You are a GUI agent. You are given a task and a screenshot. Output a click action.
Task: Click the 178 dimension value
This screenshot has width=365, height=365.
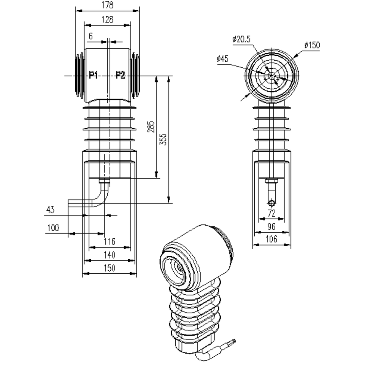[108, 5]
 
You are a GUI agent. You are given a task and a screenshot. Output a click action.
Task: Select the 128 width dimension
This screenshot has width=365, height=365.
[108, 20]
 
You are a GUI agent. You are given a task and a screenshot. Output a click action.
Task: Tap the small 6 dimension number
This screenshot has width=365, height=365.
[90, 36]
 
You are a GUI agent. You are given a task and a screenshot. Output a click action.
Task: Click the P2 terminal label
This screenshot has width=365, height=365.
[120, 75]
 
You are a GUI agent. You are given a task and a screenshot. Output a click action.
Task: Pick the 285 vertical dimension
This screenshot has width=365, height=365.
[151, 127]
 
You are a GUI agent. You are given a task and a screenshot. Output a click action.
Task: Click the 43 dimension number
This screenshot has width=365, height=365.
[51, 209]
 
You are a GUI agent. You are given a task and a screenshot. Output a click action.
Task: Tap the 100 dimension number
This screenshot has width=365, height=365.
[53, 228]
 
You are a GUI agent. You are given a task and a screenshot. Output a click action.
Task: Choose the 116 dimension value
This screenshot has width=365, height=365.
[109, 242]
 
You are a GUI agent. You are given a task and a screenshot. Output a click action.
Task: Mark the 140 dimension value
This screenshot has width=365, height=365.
[109, 255]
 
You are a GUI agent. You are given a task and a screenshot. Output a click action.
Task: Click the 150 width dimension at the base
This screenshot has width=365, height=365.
[109, 268]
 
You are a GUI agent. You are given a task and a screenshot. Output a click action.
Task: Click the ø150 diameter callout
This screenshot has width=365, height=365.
[312, 45]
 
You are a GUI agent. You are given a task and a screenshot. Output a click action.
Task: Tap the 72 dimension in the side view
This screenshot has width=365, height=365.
[271, 213]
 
